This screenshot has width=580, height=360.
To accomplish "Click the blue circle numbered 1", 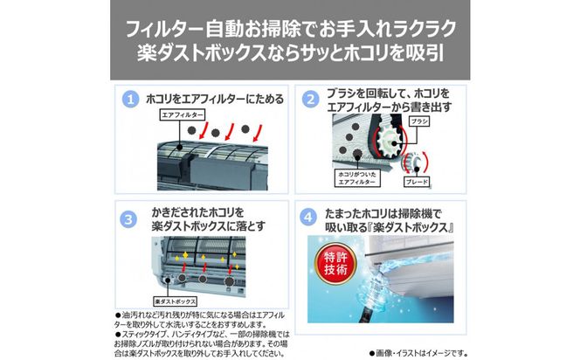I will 131,99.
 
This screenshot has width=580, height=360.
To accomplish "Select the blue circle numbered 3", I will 131,218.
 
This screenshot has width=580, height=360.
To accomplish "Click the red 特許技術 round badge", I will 332,264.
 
